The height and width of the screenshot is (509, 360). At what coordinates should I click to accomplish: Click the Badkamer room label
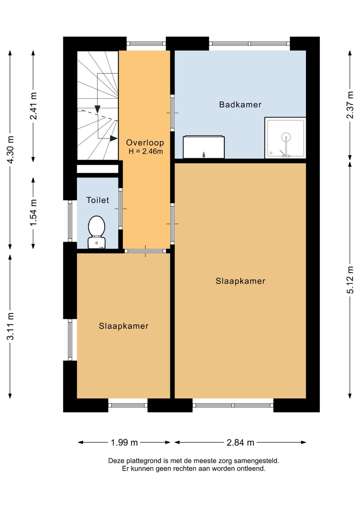(240, 104)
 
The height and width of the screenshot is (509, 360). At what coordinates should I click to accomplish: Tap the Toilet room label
(98, 200)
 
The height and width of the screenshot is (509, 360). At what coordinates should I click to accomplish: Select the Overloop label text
(145, 142)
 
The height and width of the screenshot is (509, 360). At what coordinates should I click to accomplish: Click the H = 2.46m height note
(146, 151)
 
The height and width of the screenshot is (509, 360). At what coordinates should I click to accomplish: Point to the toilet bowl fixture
(97, 232)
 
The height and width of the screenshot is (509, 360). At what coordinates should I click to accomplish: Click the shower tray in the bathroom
(285, 138)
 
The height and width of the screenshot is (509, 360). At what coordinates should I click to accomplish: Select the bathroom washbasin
(204, 147)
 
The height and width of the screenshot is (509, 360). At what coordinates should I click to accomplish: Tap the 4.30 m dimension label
(10, 149)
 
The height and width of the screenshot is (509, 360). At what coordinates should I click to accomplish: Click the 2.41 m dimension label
(33, 106)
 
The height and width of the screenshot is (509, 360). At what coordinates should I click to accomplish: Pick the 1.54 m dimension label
(33, 213)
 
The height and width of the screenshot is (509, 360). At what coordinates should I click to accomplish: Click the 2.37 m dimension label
(350, 105)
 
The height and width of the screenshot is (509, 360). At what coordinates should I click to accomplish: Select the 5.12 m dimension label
(350, 280)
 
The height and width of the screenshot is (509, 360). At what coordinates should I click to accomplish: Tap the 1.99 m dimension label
(124, 442)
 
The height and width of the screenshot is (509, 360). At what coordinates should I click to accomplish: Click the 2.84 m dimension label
(240, 442)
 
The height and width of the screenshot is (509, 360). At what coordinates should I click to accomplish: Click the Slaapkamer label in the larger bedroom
(240, 281)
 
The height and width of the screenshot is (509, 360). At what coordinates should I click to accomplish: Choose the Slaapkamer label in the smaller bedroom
(124, 326)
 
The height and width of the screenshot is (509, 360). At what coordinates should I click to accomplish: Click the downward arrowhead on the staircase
(98, 109)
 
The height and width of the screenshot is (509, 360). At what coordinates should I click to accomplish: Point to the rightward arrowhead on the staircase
(114, 138)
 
